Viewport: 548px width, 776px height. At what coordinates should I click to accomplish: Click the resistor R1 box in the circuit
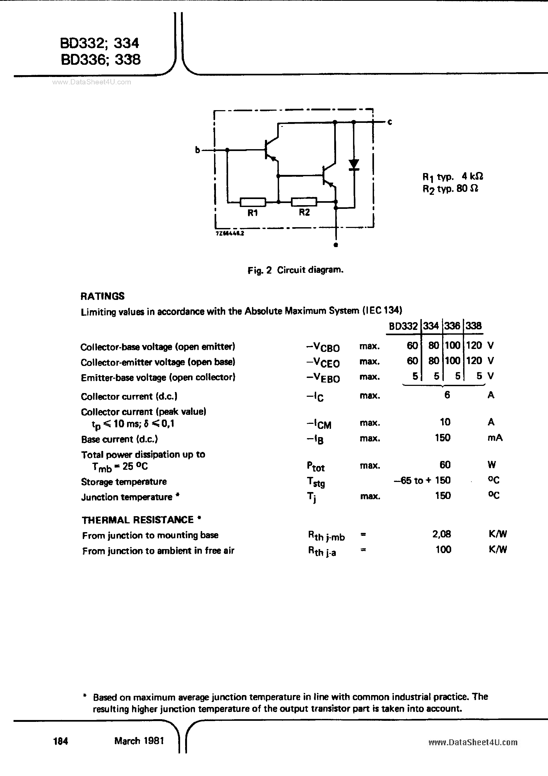pyautogui.click(x=253, y=202)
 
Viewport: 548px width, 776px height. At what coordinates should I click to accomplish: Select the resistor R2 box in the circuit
pyautogui.click(x=304, y=202)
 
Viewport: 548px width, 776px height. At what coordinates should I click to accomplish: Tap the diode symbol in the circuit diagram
pyautogui.click(x=354, y=165)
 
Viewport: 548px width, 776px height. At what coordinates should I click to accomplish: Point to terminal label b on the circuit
pyautogui.click(x=197, y=150)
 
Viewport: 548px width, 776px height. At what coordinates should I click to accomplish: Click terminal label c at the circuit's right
pyautogui.click(x=390, y=122)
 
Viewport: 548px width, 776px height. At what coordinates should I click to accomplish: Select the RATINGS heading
pyautogui.click(x=103, y=296)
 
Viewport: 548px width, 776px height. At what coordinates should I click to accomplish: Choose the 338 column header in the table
pyautogui.click(x=473, y=326)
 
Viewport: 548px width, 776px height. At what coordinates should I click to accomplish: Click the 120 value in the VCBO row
pyautogui.click(x=474, y=346)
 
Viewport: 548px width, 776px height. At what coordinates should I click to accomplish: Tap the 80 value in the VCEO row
pyautogui.click(x=433, y=361)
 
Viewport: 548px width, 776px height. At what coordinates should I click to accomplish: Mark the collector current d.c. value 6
pyautogui.click(x=447, y=394)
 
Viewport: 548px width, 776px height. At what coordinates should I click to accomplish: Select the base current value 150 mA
pyautogui.click(x=443, y=438)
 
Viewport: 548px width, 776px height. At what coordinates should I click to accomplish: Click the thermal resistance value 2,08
pyautogui.click(x=442, y=534)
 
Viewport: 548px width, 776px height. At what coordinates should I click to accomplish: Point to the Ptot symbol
pyautogui.click(x=316, y=466)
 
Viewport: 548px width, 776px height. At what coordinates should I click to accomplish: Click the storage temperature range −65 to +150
pyautogui.click(x=422, y=480)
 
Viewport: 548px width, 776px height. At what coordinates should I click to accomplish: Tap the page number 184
pyautogui.click(x=61, y=741)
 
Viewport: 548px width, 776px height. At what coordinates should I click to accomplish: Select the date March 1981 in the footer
pyautogui.click(x=139, y=741)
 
